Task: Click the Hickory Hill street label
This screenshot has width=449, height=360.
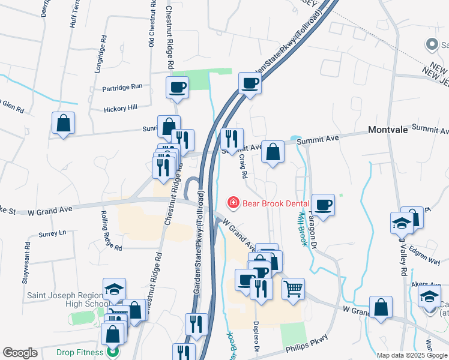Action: tap(121, 107)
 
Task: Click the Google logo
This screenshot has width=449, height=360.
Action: tap(20, 353)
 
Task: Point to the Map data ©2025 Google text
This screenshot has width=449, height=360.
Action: tap(412, 355)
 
